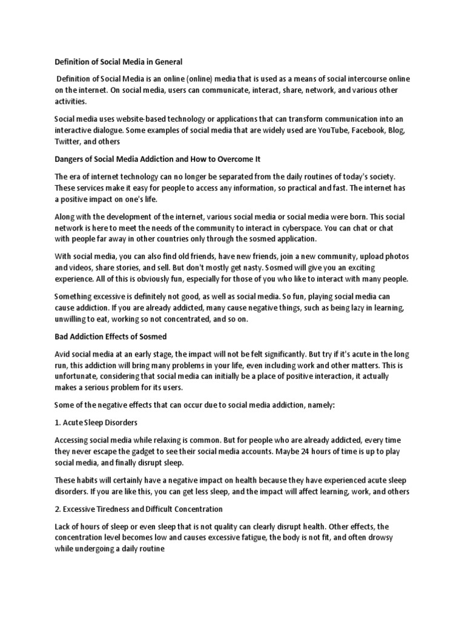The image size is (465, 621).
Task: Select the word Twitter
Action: [67, 142]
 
